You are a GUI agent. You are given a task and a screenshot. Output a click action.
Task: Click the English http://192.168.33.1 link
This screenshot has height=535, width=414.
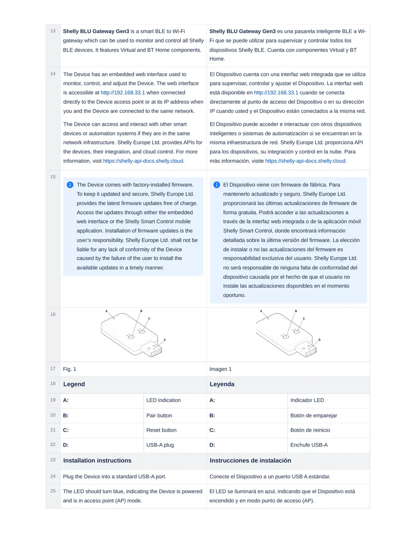[x=123, y=93]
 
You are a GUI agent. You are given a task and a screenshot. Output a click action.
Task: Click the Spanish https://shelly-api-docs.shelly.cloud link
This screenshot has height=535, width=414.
[x=306, y=161]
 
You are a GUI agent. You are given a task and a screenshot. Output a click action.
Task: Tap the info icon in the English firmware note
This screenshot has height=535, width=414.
[x=70, y=185]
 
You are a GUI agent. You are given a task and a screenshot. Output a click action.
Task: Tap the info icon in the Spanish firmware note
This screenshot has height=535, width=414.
[x=217, y=185]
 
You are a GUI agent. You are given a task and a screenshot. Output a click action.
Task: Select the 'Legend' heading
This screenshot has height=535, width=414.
[x=74, y=384]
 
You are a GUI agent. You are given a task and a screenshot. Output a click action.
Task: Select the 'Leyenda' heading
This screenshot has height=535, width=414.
[x=222, y=384]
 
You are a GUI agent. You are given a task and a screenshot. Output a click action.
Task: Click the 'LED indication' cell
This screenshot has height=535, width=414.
[x=164, y=400]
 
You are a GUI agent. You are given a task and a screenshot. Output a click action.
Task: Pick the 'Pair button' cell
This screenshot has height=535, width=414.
[x=159, y=416]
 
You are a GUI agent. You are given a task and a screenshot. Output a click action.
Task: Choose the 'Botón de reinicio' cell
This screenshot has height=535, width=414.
[x=310, y=430]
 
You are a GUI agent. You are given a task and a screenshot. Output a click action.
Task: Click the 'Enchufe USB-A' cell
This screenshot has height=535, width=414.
[x=309, y=445]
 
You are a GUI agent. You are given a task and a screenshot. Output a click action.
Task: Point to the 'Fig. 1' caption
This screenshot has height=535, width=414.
[x=70, y=369]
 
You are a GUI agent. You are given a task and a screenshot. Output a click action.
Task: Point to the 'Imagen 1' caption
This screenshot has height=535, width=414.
[x=220, y=369]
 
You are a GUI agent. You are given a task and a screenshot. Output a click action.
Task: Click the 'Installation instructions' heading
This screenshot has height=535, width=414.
[x=97, y=461]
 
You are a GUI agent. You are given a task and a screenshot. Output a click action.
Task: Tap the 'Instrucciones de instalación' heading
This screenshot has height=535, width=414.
[x=250, y=461]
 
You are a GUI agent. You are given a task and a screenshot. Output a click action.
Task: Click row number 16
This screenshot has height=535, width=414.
[x=53, y=314]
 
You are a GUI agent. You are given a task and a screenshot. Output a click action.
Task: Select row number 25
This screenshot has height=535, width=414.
[x=53, y=491]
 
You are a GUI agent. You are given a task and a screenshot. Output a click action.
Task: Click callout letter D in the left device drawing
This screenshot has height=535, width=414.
[x=165, y=340]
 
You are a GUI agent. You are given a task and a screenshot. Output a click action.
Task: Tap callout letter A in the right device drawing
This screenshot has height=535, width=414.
[x=261, y=311]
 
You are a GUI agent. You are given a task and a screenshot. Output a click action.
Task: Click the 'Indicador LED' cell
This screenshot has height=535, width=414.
[x=307, y=400]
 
